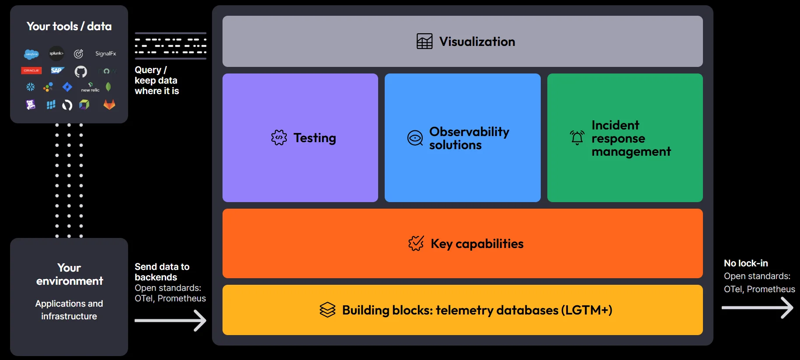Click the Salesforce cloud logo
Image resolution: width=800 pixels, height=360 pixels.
tap(31, 54)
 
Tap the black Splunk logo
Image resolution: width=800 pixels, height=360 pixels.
tap(56, 53)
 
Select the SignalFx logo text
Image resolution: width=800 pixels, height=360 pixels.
tap(106, 53)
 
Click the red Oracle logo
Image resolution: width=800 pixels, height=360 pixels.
tap(31, 70)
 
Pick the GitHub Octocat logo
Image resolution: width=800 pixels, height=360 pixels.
tap(81, 71)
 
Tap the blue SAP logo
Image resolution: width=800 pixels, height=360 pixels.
tap(57, 70)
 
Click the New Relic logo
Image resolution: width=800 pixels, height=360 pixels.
tap(90, 87)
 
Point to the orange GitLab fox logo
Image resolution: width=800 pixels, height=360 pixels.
tap(109, 105)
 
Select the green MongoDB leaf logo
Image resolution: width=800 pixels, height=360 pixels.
tap(108, 87)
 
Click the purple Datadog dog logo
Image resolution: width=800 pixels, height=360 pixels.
tap(31, 105)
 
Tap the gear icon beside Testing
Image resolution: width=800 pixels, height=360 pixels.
tap(279, 138)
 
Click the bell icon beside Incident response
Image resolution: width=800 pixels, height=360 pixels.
tap(577, 138)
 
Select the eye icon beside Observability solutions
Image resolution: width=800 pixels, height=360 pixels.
tap(415, 138)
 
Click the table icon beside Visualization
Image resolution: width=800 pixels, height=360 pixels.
tap(424, 42)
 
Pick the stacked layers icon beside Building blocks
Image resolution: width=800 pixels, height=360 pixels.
tap(327, 310)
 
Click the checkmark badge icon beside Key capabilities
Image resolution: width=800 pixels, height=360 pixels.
tap(416, 243)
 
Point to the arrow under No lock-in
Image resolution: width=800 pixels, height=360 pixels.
tap(757, 308)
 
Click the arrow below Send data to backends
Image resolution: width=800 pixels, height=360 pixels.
tap(170, 321)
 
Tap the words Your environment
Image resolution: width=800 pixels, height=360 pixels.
tap(70, 274)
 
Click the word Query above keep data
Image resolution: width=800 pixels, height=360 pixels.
tap(148, 70)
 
